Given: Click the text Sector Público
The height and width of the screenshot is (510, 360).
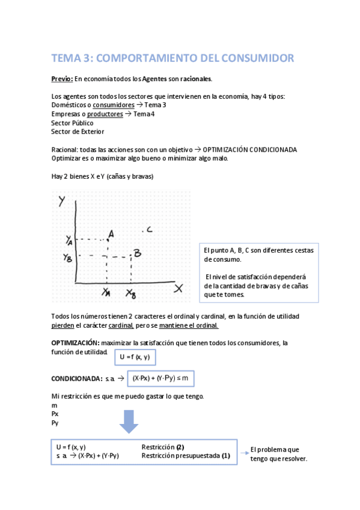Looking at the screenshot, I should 73,123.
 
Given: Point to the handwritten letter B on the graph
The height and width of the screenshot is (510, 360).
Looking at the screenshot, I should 137,253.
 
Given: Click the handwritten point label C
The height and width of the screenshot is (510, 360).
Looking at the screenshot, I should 148,229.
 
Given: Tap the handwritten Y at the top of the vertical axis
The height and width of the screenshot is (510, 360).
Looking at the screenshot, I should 62,201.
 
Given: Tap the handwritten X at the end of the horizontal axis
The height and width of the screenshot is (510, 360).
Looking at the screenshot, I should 178,289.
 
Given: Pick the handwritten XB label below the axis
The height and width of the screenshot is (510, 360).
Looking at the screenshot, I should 131,293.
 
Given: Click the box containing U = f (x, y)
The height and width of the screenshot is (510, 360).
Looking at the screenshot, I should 135,357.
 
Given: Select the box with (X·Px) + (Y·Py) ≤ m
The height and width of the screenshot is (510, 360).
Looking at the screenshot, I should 160,378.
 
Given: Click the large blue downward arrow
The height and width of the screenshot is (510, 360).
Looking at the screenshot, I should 129,420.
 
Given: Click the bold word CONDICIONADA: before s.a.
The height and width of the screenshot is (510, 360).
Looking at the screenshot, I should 76,378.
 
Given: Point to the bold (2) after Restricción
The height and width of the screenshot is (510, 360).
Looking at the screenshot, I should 180,447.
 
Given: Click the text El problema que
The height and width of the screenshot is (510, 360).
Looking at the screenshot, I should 274,449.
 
